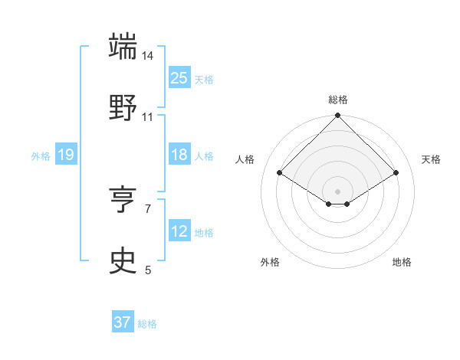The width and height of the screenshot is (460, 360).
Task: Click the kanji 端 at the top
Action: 123,46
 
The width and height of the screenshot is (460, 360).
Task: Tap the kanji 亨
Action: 123,200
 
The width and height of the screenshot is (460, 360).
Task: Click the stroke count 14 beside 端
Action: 148,56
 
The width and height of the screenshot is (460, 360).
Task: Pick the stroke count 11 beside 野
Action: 148,117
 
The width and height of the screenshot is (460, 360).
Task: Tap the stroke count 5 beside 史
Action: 148,270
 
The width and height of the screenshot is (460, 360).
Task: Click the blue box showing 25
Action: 179,78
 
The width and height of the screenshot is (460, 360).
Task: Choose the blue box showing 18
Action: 179,155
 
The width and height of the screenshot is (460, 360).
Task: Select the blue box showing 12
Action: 179,231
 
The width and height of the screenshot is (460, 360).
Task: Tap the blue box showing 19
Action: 66,155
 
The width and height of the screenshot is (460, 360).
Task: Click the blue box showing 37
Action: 123,322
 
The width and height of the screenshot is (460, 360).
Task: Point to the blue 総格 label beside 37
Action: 147,324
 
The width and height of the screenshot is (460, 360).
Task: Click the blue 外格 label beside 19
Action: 41,156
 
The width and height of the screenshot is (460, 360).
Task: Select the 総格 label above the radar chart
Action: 338,100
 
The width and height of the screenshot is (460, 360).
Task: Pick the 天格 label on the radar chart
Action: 431,159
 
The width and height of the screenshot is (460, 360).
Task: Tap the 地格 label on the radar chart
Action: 402,262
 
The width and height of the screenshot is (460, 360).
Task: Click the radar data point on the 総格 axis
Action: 338,116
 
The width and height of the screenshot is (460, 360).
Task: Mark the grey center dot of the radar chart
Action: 338,191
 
